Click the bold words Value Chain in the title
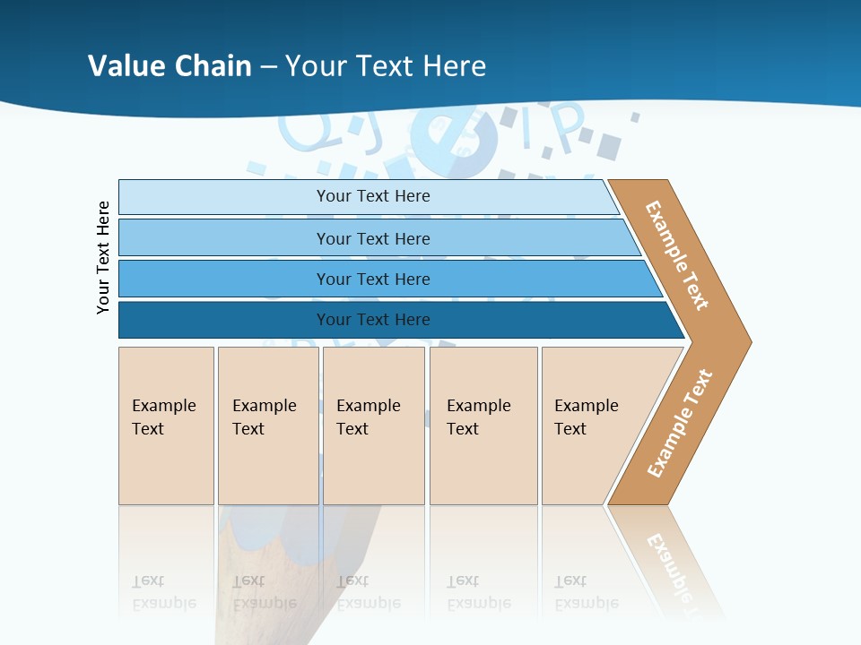(x=170, y=65)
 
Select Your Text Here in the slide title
(x=386, y=65)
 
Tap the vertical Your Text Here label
(x=103, y=257)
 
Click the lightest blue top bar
(x=224, y=196)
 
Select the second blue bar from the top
(x=224, y=237)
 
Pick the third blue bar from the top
(x=224, y=279)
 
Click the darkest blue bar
(x=224, y=320)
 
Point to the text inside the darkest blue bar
(x=373, y=320)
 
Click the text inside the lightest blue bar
(x=373, y=196)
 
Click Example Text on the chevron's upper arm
(x=677, y=255)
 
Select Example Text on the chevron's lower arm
(x=680, y=424)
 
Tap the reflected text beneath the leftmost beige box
(x=163, y=592)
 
